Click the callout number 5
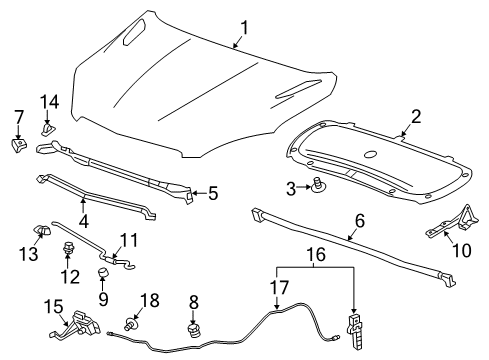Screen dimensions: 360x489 211,194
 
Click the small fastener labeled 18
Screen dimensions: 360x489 133,323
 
